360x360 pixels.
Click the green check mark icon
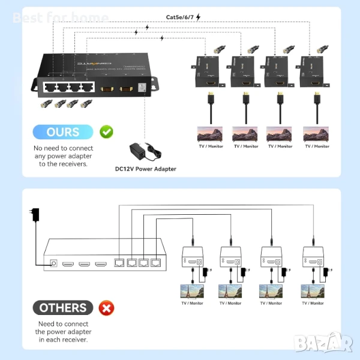coord(106,131)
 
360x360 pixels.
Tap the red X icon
coord(106,308)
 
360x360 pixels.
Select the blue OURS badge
coord(62,131)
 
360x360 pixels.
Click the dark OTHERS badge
coord(62,308)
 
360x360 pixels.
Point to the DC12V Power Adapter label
coord(145,169)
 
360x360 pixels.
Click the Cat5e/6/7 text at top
coord(180,17)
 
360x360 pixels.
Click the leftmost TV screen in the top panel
coord(211,133)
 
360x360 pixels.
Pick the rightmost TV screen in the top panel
coord(316,133)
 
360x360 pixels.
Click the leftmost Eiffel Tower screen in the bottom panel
coord(192,291)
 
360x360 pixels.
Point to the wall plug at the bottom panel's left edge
coord(35,215)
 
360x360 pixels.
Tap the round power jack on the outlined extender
coord(56,263)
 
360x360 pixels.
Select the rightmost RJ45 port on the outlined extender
coord(157,263)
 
